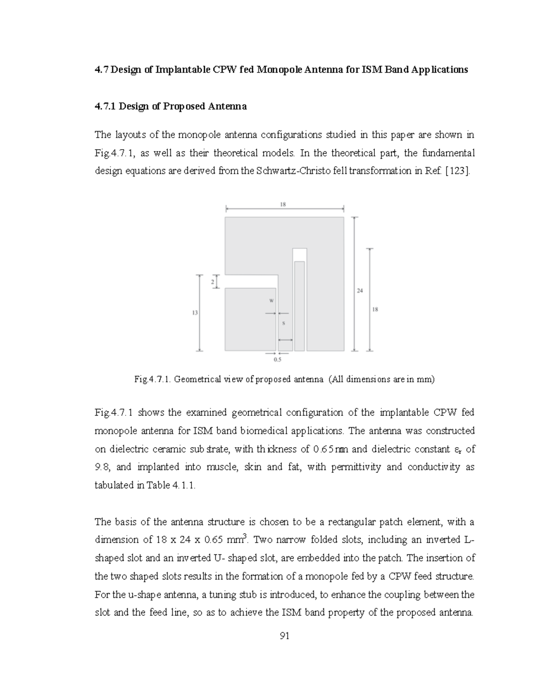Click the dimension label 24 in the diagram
[360, 290]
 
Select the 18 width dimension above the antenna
[283, 204]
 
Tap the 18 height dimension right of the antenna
[375, 309]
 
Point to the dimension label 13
[195, 313]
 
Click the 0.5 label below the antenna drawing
[278, 359]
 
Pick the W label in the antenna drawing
[271, 301]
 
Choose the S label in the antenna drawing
[283, 323]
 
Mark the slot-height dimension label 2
[212, 281]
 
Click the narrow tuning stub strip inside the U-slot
[299, 306]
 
